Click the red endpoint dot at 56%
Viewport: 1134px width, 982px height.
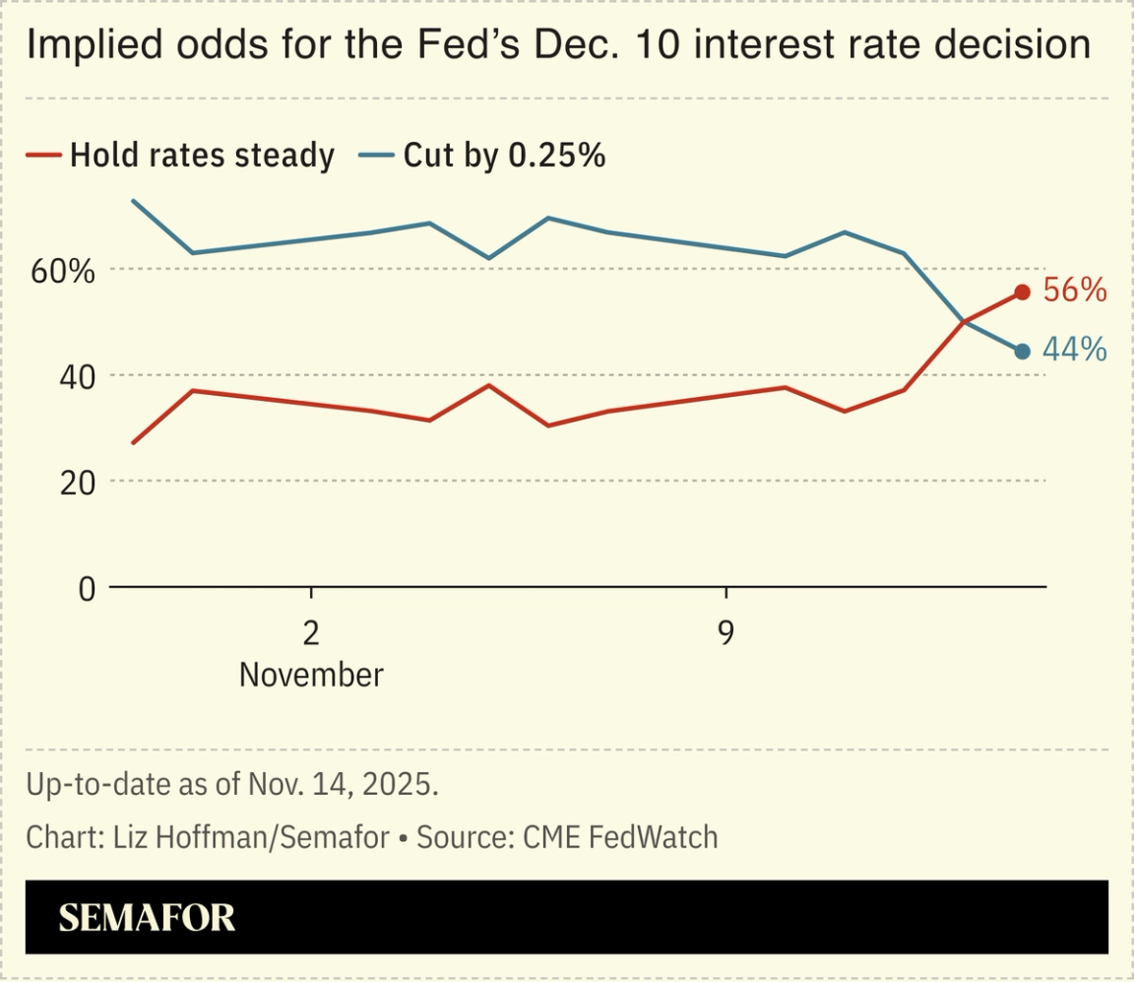click(1022, 292)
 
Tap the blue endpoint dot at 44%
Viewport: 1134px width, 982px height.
click(1022, 352)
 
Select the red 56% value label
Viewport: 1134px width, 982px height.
click(1075, 291)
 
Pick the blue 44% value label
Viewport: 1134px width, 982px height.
click(1075, 351)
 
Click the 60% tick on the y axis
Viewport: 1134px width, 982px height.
click(63, 271)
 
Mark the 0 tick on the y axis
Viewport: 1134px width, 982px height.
click(86, 589)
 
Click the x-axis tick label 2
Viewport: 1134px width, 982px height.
click(311, 633)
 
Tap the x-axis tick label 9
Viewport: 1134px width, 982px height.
click(725, 633)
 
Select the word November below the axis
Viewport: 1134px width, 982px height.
click(311, 676)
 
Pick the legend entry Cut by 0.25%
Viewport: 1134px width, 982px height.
click(503, 156)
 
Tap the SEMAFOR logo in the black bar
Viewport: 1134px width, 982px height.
click(147, 918)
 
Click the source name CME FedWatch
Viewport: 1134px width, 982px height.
click(620, 838)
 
